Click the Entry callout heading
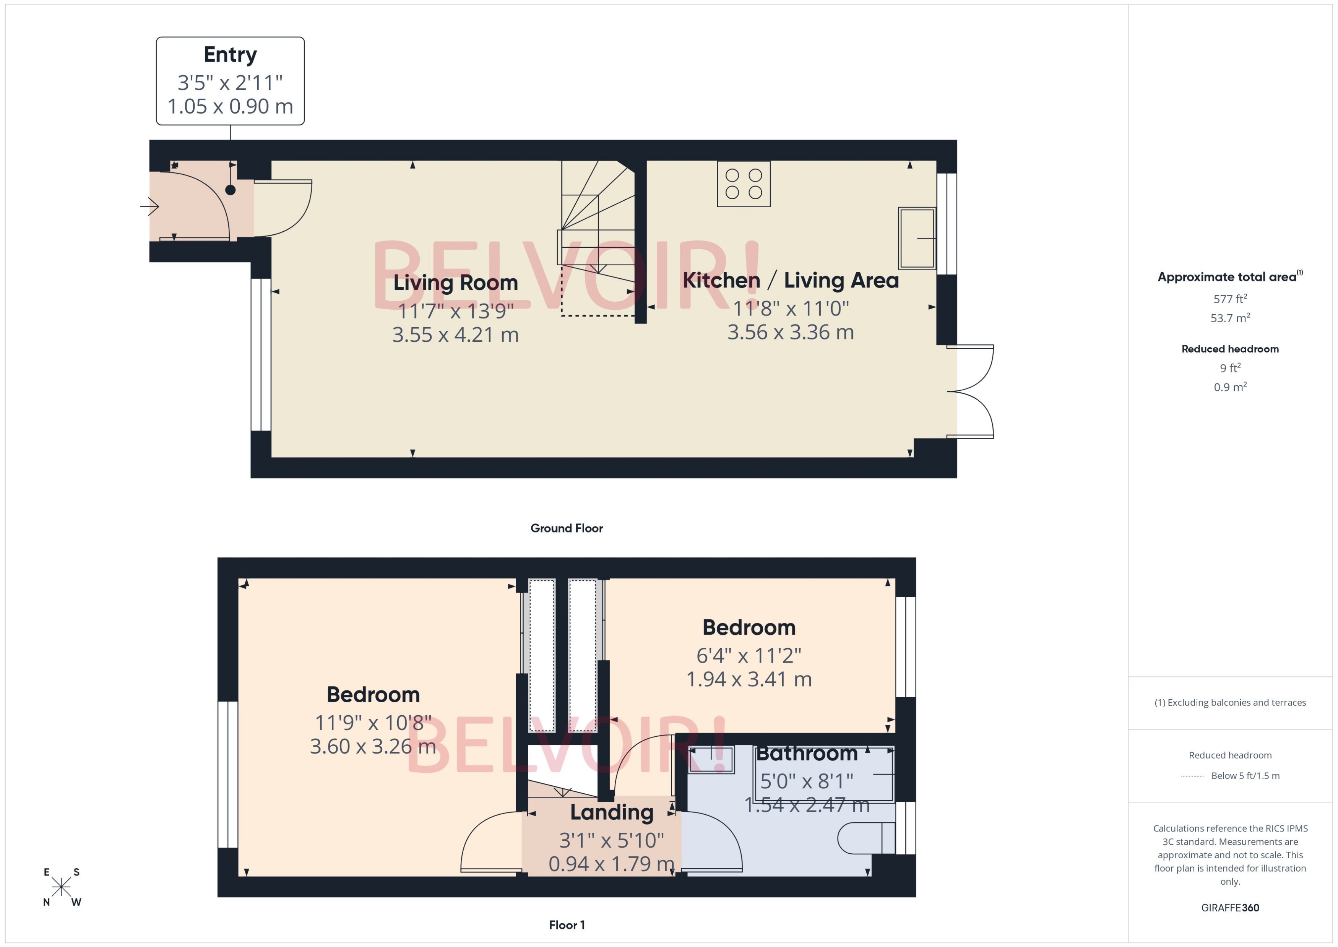230,55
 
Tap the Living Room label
455,283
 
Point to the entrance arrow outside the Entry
150,206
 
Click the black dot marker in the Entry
230,190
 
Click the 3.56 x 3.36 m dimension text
791,332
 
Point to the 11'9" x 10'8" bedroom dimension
373,723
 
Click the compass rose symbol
61,887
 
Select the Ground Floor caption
566,528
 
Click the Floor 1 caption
566,925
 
